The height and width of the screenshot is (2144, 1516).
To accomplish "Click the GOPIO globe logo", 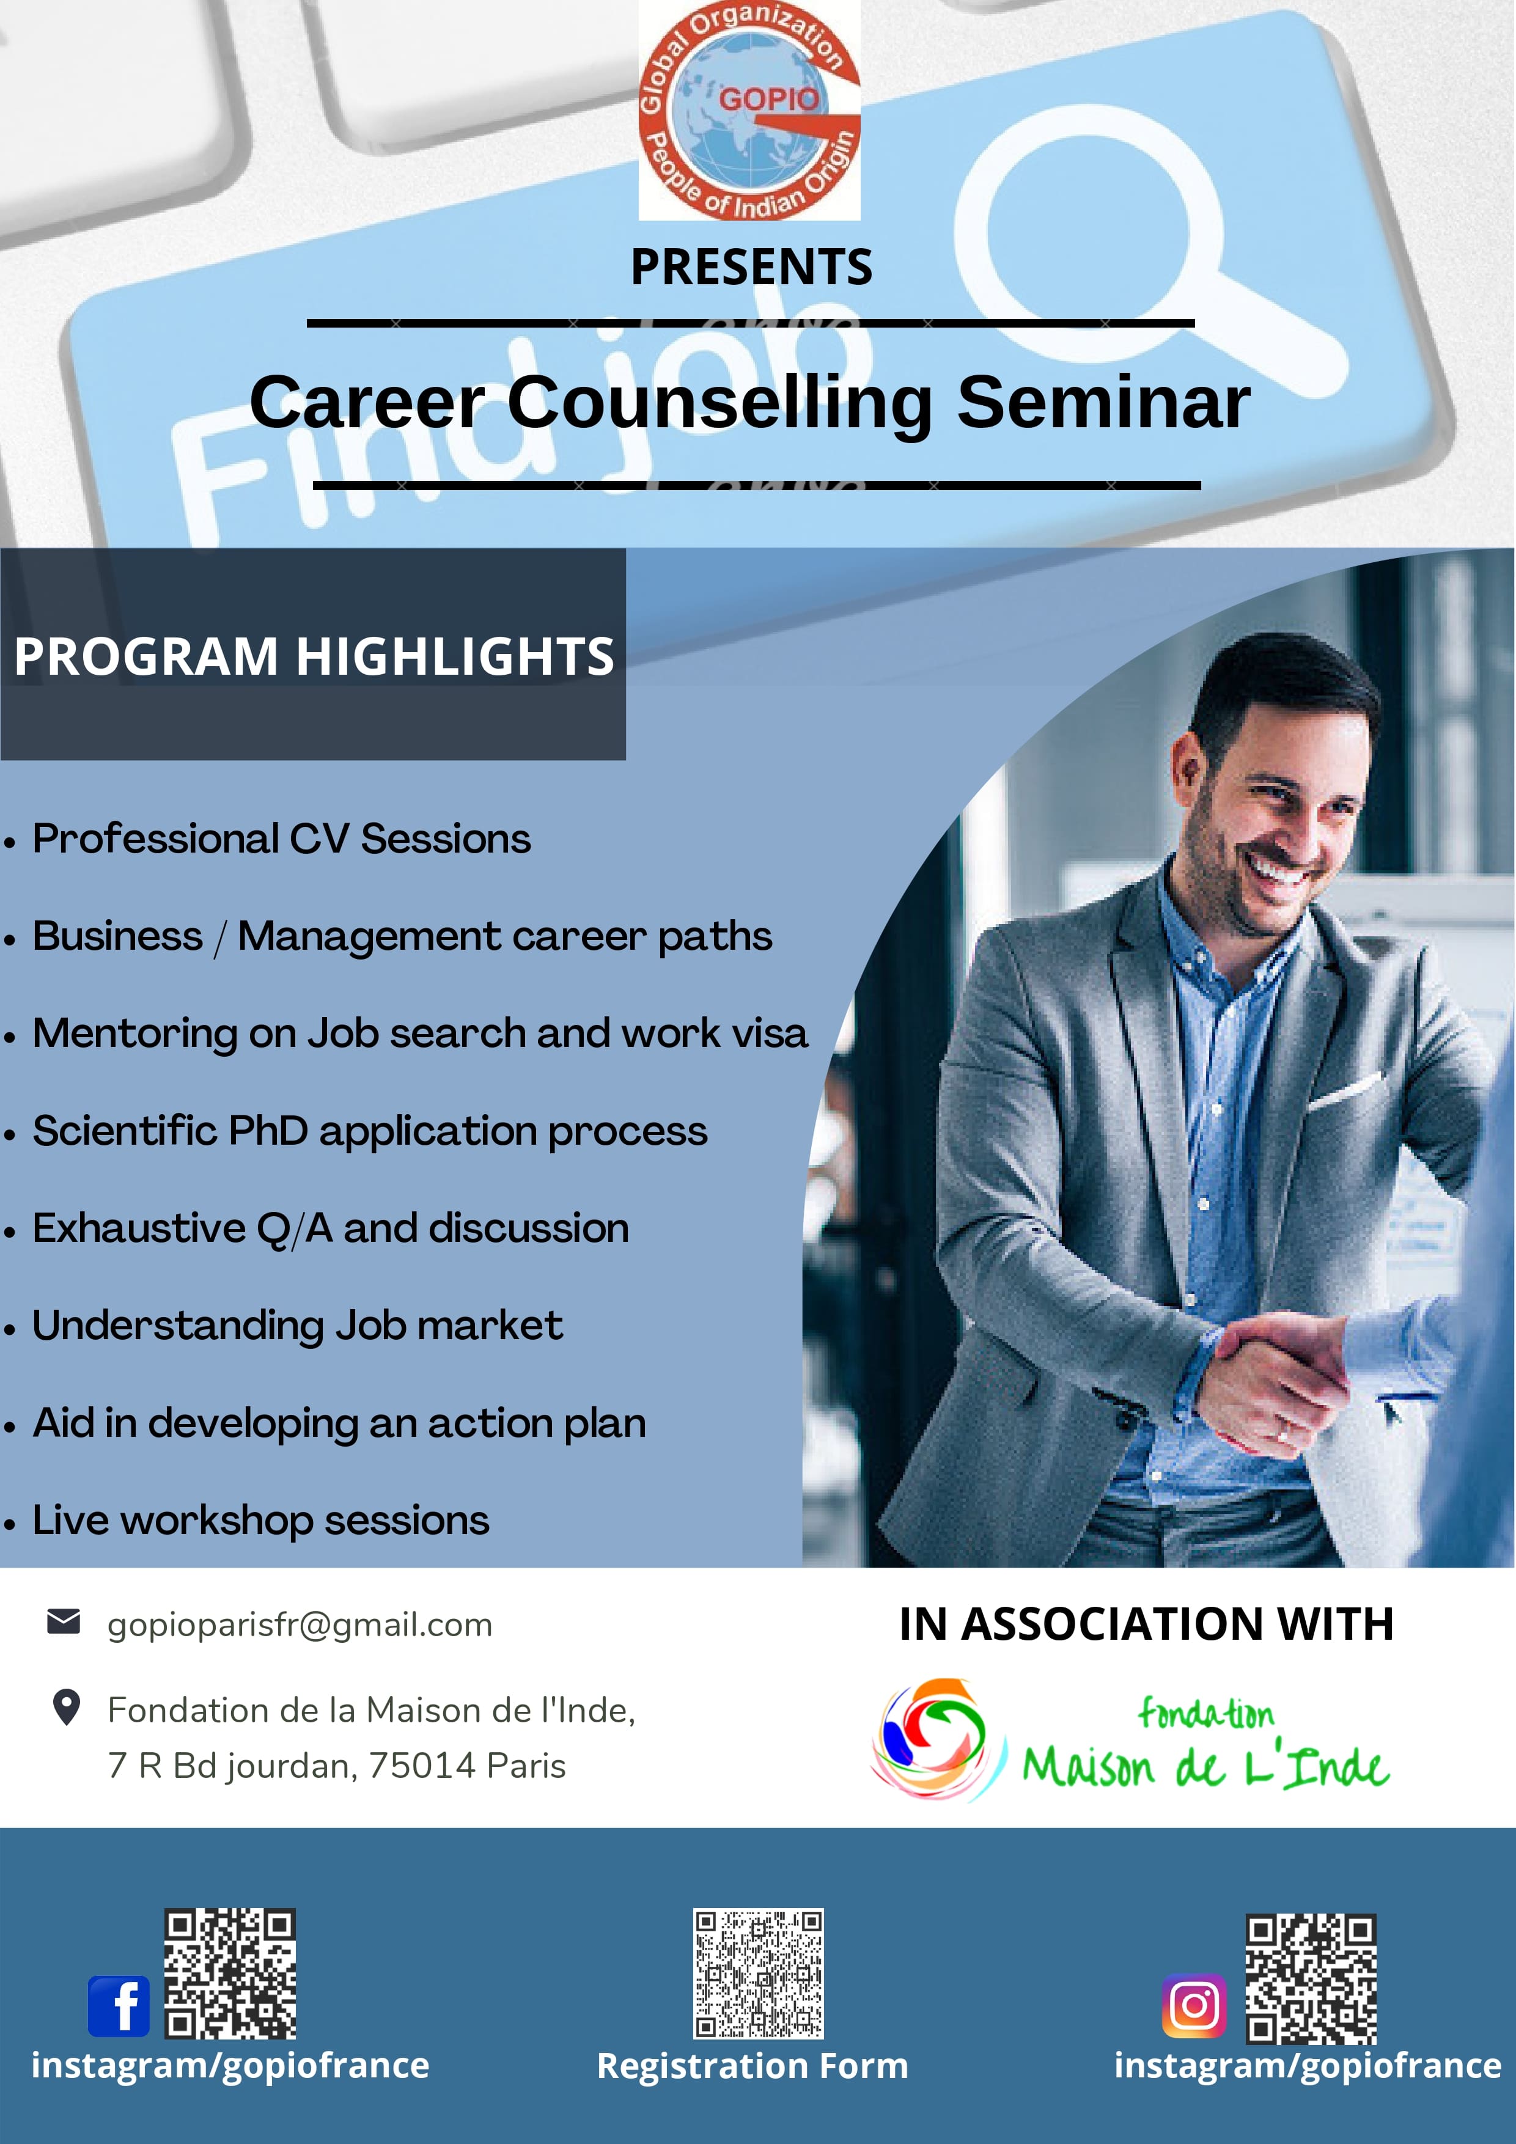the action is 749,110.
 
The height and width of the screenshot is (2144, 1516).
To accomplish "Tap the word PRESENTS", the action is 751,267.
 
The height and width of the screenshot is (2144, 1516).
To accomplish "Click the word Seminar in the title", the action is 1103,403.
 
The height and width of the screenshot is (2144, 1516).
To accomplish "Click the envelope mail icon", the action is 64,1622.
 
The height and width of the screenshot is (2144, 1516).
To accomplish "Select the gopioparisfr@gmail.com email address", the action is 300,1625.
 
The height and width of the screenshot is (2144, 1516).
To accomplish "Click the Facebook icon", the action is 119,2006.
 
